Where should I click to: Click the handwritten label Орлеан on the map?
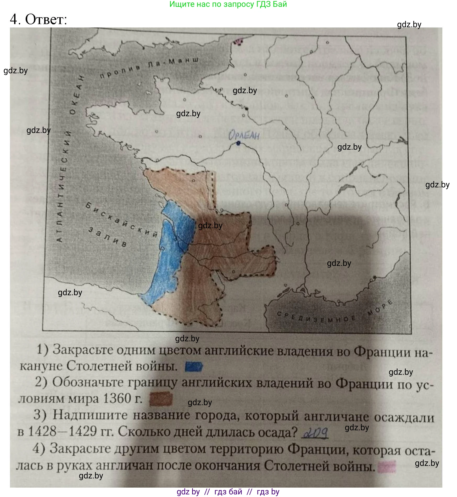click(244, 135)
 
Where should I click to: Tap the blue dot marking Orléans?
click(238, 143)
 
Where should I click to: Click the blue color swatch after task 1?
click(194, 367)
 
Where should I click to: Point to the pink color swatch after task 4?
click(387, 466)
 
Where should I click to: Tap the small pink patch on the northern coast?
click(238, 41)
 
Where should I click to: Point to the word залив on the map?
click(107, 237)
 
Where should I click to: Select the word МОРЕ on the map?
click(380, 308)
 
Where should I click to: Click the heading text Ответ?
click(46, 19)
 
